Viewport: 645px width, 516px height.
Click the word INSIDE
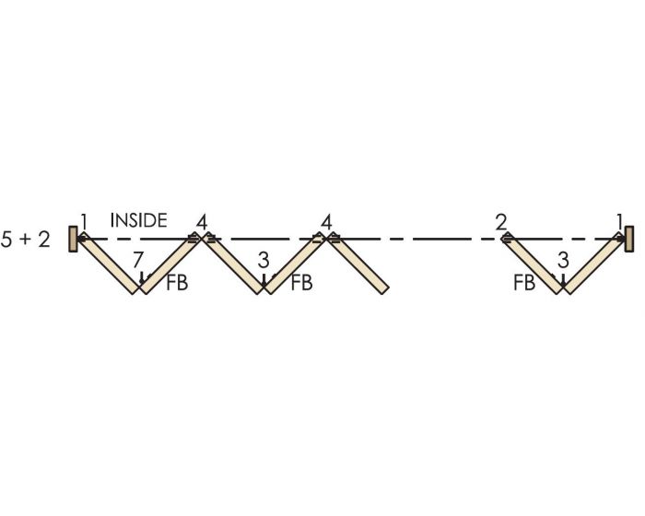(138, 220)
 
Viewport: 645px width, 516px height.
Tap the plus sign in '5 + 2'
(25, 239)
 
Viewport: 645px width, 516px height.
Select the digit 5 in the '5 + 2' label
(6, 239)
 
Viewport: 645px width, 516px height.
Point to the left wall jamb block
(73, 239)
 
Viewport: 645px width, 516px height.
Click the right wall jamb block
(629, 239)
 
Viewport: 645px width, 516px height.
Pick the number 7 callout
(138, 260)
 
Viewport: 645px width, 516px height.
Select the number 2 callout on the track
(501, 223)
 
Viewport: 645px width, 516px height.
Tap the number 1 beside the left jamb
(84, 222)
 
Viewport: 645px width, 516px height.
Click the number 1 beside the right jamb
(619, 222)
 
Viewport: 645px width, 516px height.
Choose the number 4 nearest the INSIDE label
(202, 223)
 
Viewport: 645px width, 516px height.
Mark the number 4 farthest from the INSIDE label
(326, 223)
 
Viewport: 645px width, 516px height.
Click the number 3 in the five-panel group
(264, 260)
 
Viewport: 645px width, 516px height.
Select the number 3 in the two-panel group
(563, 260)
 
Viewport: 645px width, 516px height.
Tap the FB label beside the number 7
(177, 283)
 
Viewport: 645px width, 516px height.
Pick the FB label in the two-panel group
(524, 283)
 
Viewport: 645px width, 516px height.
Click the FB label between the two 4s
(301, 283)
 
